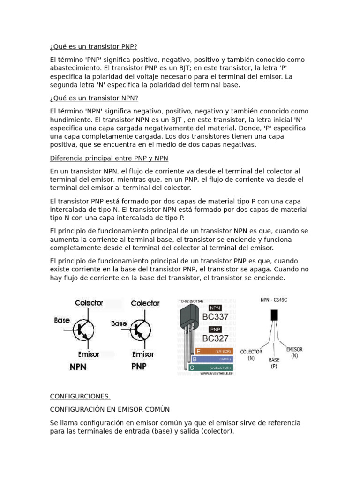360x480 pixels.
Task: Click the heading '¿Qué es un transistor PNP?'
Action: (93, 47)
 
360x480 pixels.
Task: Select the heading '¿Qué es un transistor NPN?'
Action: (94, 98)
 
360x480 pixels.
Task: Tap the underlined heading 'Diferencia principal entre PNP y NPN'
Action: (109, 158)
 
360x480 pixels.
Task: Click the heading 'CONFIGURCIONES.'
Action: (80, 397)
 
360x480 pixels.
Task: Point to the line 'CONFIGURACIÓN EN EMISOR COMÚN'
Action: (110, 410)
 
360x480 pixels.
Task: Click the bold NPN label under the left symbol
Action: (78, 367)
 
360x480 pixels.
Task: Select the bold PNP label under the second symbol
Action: (139, 367)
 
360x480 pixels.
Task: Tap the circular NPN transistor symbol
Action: (83, 330)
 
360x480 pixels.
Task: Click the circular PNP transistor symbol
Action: (139, 330)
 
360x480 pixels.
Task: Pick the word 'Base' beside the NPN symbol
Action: (62, 321)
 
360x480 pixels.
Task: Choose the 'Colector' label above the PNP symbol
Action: (145, 303)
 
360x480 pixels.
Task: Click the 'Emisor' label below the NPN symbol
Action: (88, 354)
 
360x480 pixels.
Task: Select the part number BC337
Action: (215, 317)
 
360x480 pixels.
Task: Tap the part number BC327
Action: (215, 338)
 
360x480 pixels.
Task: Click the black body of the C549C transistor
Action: (274, 315)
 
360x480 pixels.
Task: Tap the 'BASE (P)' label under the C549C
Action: (274, 363)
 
